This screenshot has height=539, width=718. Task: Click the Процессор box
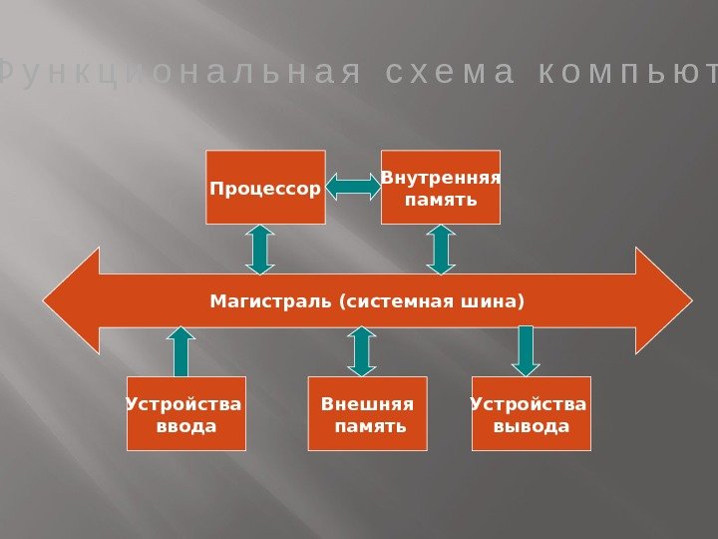point(265,187)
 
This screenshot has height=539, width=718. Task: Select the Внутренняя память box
point(440,187)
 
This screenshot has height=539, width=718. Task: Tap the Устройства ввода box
point(185,413)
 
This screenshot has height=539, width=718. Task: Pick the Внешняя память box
point(367,413)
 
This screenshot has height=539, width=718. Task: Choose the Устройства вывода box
point(531,413)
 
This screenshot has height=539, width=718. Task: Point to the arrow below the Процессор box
point(259,249)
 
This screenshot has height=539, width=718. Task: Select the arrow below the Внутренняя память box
point(440,249)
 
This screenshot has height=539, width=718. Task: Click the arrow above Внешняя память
point(361,351)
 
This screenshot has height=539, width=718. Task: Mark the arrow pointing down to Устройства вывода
point(526,351)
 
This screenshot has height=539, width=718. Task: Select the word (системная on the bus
point(397,299)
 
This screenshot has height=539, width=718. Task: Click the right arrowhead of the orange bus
point(663,301)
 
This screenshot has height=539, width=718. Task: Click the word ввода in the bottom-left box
point(185,426)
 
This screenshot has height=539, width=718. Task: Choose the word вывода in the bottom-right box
point(531,426)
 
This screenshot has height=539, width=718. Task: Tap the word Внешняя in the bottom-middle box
point(367,404)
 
